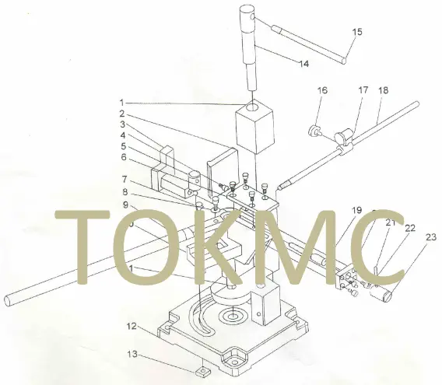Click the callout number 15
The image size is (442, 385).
[357, 33]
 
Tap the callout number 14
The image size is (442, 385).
[303, 62]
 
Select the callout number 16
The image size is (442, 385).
[322, 91]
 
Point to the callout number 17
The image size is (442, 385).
[363, 91]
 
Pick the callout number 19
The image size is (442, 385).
[356, 211]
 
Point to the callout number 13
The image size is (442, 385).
[132, 354]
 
